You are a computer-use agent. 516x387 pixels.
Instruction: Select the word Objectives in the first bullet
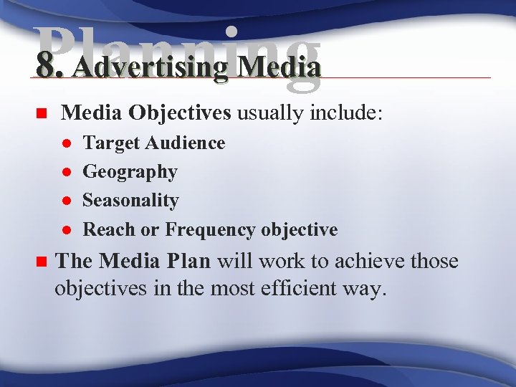click(x=179, y=113)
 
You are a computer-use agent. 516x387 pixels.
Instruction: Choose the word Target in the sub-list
click(x=112, y=143)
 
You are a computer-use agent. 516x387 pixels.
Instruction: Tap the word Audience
click(x=186, y=143)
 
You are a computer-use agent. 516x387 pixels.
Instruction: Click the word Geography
click(x=130, y=172)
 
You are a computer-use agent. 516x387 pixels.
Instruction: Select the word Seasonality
click(x=130, y=201)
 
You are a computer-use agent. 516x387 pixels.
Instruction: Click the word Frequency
click(x=210, y=229)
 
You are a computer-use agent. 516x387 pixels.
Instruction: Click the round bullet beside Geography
click(x=65, y=173)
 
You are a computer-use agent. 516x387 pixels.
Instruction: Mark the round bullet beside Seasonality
click(x=65, y=201)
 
